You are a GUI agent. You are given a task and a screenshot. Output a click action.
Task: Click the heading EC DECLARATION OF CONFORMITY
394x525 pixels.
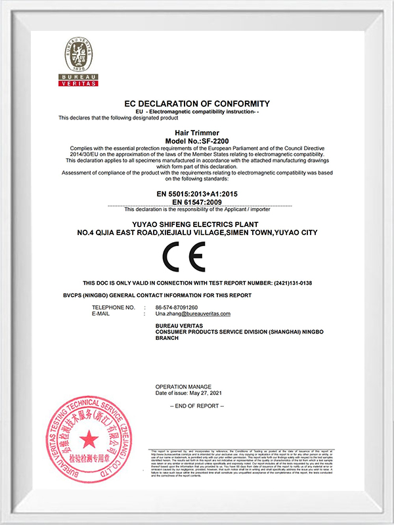coord(197,104)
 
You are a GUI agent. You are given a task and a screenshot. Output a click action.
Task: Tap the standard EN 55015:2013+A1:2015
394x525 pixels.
coord(197,194)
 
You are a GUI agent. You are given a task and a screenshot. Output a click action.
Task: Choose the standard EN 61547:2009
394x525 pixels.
coord(197,202)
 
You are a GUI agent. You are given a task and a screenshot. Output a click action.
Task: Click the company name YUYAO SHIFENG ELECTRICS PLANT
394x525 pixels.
coord(197,224)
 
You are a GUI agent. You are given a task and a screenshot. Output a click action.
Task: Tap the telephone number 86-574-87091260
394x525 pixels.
coord(177,308)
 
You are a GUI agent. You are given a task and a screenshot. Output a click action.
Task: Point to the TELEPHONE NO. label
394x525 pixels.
coord(113,308)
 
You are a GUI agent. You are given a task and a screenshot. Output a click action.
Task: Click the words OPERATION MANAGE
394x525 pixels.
coord(183,386)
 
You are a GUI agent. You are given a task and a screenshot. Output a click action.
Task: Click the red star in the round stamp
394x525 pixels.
coord(89,439)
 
